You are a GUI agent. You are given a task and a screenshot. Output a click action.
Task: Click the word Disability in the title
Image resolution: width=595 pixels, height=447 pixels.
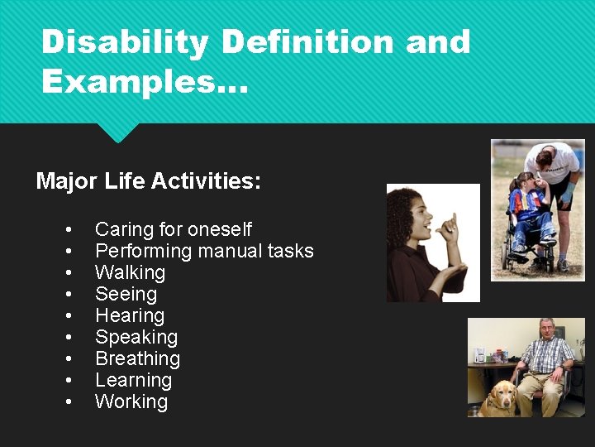[125, 41]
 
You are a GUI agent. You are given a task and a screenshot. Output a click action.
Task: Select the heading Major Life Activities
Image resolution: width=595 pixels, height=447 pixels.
[149, 180]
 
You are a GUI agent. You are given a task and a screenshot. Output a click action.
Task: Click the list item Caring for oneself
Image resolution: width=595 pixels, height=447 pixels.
[174, 229]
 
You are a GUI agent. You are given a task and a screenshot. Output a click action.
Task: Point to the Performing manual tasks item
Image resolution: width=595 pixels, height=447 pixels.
[204, 251]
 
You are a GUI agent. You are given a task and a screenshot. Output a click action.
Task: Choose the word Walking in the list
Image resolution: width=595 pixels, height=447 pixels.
[130, 272]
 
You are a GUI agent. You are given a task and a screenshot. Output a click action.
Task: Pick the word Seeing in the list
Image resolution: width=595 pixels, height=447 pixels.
[126, 294]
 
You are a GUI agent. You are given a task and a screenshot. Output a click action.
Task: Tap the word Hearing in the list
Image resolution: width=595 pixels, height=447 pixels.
[130, 315]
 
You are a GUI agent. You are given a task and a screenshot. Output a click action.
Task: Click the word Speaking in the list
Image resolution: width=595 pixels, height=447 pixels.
[136, 337]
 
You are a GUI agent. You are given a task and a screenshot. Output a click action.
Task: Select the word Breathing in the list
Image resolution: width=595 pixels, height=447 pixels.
[137, 358]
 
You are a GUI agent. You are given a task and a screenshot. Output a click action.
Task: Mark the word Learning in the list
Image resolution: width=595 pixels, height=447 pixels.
[133, 380]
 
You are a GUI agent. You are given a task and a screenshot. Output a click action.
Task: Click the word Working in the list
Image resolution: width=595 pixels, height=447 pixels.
[131, 401]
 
